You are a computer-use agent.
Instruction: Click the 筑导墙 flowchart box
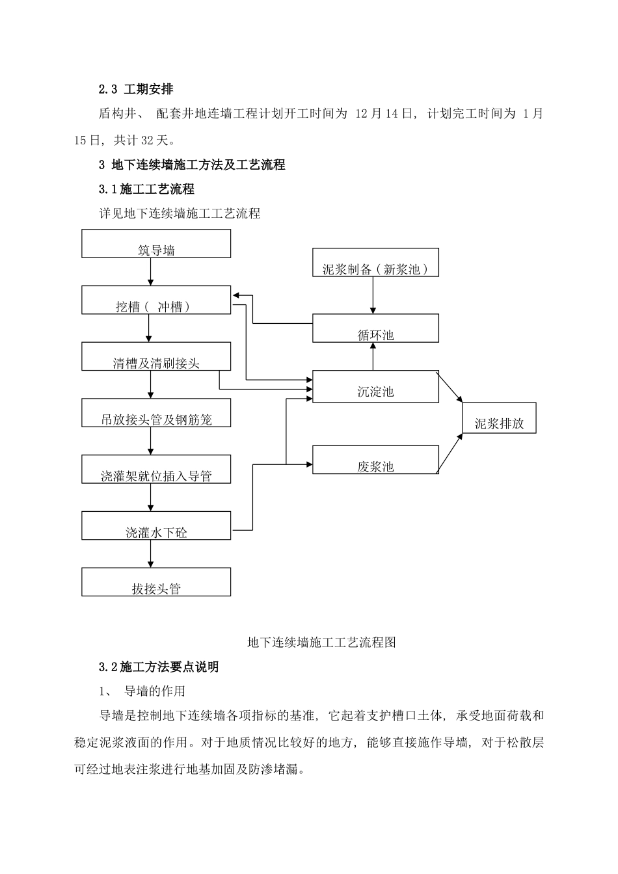pos(156,243)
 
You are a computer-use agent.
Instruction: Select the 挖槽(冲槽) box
pos(156,300)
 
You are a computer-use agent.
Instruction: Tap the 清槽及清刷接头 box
pos(156,356)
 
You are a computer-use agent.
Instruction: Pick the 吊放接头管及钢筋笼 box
pos(156,413)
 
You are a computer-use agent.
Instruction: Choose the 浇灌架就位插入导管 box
pos(156,470)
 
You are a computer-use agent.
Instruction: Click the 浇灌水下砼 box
pos(156,525)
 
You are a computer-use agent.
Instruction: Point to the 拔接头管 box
pos(156,582)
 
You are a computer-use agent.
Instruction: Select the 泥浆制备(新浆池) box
pos(375,262)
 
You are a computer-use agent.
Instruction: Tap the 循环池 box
pos(375,328)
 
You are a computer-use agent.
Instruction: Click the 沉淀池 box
pos(375,386)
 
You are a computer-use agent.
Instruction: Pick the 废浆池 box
pos(375,460)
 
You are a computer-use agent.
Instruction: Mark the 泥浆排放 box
pos(499,418)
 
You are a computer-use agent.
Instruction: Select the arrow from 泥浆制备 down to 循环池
pos(373,295)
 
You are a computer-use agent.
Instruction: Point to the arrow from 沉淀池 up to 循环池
pos(373,356)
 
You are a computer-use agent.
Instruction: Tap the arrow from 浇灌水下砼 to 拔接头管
pos(151,553)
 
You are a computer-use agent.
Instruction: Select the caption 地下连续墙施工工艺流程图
pos(321,642)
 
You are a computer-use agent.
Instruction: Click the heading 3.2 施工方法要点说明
pos(159,667)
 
